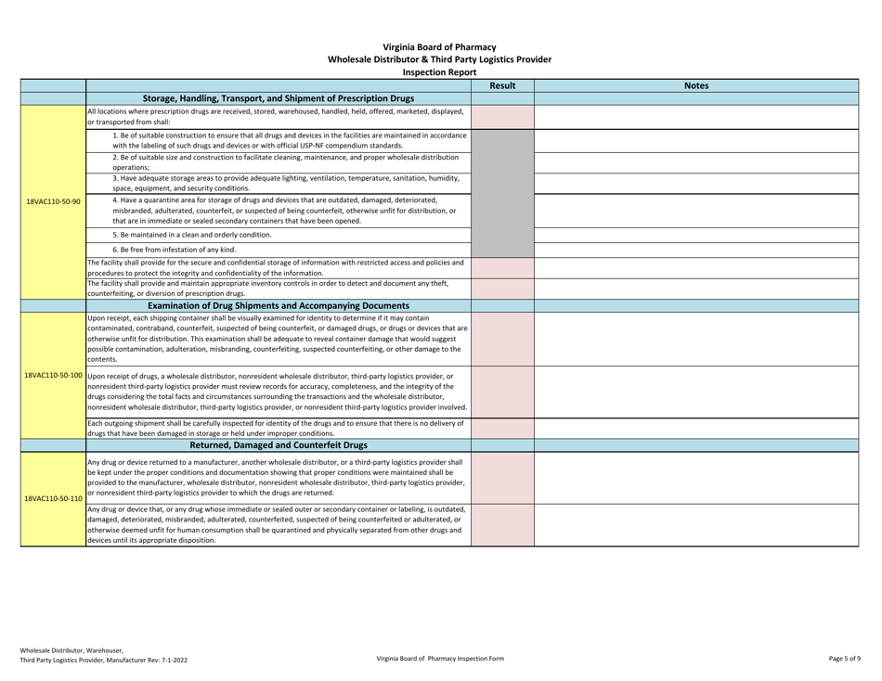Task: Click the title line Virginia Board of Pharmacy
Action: (439, 46)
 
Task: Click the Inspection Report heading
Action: (439, 71)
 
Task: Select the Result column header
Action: (502, 85)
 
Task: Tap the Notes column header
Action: (696, 85)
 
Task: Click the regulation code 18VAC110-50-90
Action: (43, 200)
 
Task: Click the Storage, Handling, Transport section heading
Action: (278, 98)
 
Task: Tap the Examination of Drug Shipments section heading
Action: (278, 305)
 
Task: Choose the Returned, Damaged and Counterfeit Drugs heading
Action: (278, 445)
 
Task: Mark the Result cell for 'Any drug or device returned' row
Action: (502, 478)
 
